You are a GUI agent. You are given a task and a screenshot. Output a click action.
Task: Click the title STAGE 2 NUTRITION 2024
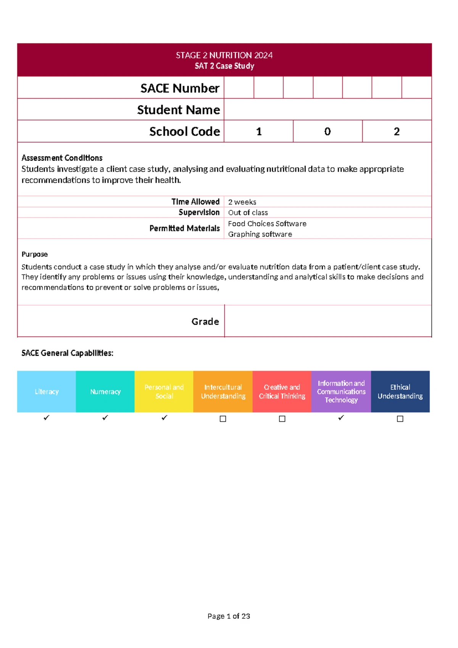[224, 55]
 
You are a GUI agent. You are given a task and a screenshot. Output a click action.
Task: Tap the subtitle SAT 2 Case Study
[224, 66]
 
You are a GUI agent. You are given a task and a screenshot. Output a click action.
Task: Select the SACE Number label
[180, 88]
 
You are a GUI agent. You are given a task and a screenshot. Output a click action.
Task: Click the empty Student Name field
[327, 110]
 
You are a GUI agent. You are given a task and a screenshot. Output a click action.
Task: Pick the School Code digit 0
[327, 131]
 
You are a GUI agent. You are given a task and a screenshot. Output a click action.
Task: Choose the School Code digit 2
[397, 131]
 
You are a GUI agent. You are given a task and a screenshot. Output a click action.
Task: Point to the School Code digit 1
[259, 131]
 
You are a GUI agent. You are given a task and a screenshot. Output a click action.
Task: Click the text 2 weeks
[242, 202]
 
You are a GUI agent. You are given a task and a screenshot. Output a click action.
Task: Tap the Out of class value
[248, 212]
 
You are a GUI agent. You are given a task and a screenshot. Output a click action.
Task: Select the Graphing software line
[260, 234]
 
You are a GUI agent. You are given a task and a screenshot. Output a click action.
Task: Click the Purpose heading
[35, 254]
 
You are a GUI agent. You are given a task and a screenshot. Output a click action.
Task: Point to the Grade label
[205, 321]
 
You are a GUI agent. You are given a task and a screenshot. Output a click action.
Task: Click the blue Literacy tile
[47, 392]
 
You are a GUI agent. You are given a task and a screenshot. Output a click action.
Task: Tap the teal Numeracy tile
[105, 392]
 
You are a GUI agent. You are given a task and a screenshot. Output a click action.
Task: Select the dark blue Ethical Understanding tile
[400, 392]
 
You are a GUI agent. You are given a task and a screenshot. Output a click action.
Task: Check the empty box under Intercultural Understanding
[223, 419]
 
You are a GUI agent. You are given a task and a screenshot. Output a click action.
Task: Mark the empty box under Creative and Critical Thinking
[282, 419]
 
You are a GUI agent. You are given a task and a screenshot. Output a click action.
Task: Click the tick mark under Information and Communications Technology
[341, 418]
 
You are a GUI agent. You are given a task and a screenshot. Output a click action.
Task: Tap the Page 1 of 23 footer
[229, 616]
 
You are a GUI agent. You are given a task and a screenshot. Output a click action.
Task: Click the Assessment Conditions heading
[62, 158]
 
